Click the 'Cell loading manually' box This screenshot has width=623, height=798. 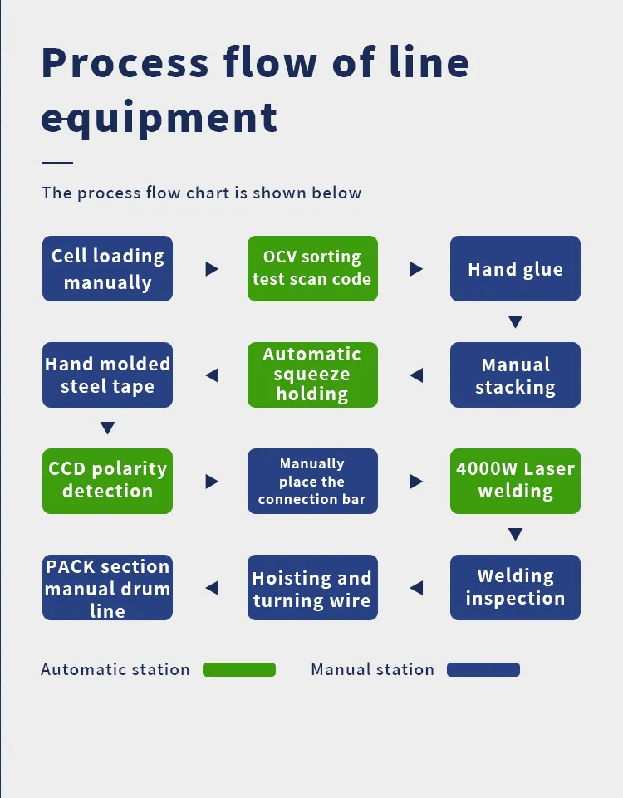tap(107, 269)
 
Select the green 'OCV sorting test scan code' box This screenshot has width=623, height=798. tap(312, 269)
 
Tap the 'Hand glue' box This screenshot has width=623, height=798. tap(515, 269)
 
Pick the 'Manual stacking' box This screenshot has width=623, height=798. tap(515, 375)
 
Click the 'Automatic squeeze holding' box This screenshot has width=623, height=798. tap(312, 375)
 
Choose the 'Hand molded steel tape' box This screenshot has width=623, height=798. tap(107, 375)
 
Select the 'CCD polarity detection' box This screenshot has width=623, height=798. tap(107, 481)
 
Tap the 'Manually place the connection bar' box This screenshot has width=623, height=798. tap(312, 481)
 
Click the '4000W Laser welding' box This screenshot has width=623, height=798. tap(515, 481)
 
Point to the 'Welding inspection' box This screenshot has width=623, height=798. tap(515, 587)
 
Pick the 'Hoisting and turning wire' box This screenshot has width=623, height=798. tap(312, 587)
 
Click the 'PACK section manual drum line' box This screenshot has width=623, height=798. tap(107, 587)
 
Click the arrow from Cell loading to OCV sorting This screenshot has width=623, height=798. tap(212, 269)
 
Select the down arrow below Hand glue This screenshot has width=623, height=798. tap(515, 321)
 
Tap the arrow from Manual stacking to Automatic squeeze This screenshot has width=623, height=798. tap(416, 375)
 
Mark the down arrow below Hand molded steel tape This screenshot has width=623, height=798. tap(107, 428)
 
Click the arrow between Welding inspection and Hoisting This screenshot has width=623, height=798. tap(416, 588)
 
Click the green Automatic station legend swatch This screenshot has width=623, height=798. tap(239, 669)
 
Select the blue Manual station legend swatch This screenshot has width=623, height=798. tap(483, 669)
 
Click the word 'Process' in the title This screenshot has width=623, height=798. tap(125, 63)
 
